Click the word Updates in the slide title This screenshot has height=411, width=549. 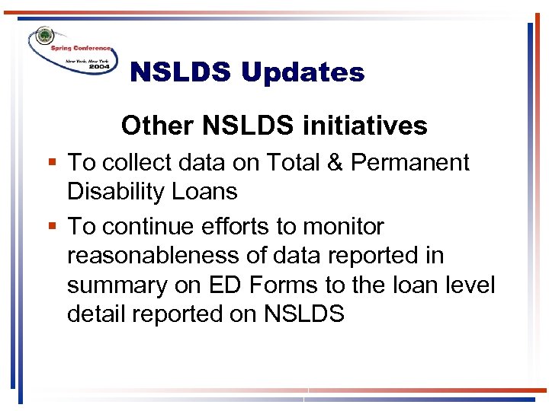pos(303,73)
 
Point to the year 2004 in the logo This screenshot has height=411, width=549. pos(99,67)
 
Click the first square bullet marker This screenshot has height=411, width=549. pos(52,162)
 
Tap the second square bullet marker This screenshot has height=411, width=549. pos(52,227)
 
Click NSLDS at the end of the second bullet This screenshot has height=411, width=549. pos(303,314)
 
